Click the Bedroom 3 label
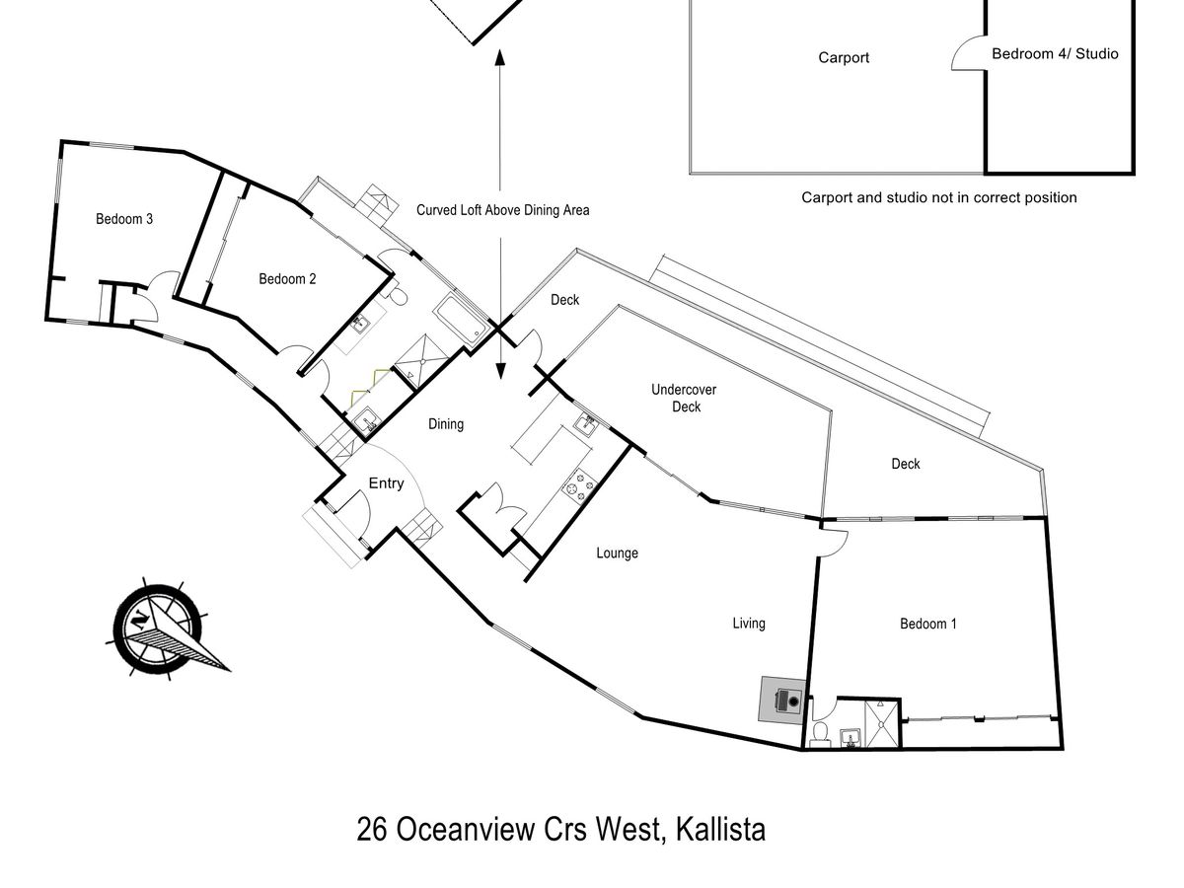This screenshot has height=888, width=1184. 123,219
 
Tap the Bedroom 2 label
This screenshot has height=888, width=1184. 287,279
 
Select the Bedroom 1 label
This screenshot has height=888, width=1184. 927,624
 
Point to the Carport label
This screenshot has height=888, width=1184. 844,58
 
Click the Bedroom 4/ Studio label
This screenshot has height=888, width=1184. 1055,54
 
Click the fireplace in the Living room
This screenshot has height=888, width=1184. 783,701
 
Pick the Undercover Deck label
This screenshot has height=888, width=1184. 684,398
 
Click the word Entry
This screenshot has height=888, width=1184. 386,483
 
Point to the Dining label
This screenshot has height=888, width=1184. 445,424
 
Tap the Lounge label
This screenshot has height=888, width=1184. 617,554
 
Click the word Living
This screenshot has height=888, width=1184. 748,624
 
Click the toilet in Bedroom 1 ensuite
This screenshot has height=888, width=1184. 818,732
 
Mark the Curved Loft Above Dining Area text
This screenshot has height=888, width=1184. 502,210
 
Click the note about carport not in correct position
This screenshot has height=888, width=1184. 938,197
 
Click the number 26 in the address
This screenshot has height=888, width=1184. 371,830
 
